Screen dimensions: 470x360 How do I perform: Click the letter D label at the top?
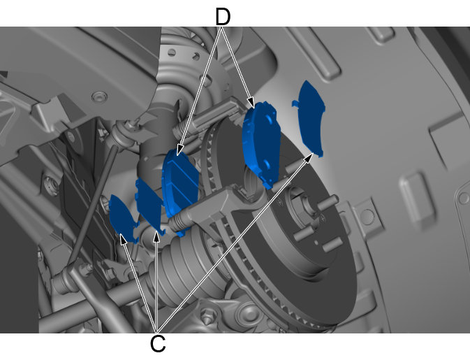click(223, 17)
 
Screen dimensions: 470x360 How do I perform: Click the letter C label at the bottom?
click(158, 343)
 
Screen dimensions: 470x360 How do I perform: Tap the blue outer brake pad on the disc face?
click(262, 144)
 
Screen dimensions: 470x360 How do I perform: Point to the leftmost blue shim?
click(123, 217)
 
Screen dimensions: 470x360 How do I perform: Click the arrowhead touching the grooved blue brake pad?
click(179, 150)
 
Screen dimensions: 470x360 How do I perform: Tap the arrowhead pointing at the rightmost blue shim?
click(309, 157)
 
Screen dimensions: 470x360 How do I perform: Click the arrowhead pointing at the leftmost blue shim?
click(123, 238)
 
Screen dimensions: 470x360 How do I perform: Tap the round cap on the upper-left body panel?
click(99, 97)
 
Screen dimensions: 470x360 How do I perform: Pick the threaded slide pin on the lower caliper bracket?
click(179, 220)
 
